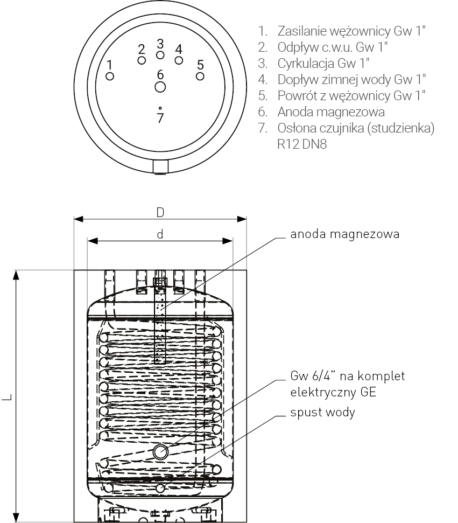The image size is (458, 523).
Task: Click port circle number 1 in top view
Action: click(110, 76)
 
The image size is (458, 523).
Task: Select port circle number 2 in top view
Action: click(142, 60)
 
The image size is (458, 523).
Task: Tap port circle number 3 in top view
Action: click(160, 55)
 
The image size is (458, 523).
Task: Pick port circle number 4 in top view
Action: click(179, 60)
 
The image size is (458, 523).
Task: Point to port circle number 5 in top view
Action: click(200, 76)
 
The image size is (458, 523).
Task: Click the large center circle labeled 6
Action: click(160, 87)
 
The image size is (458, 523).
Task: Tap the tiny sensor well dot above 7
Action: click(160, 108)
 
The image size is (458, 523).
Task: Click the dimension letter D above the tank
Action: click(160, 212)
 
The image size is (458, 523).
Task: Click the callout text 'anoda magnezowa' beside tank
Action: click(344, 234)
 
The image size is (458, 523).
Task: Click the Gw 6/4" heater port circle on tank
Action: click(160, 452)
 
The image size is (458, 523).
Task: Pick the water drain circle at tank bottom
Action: click(160, 488)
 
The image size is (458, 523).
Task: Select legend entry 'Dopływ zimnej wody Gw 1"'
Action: click(351, 80)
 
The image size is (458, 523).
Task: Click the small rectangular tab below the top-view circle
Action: click(160, 167)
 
